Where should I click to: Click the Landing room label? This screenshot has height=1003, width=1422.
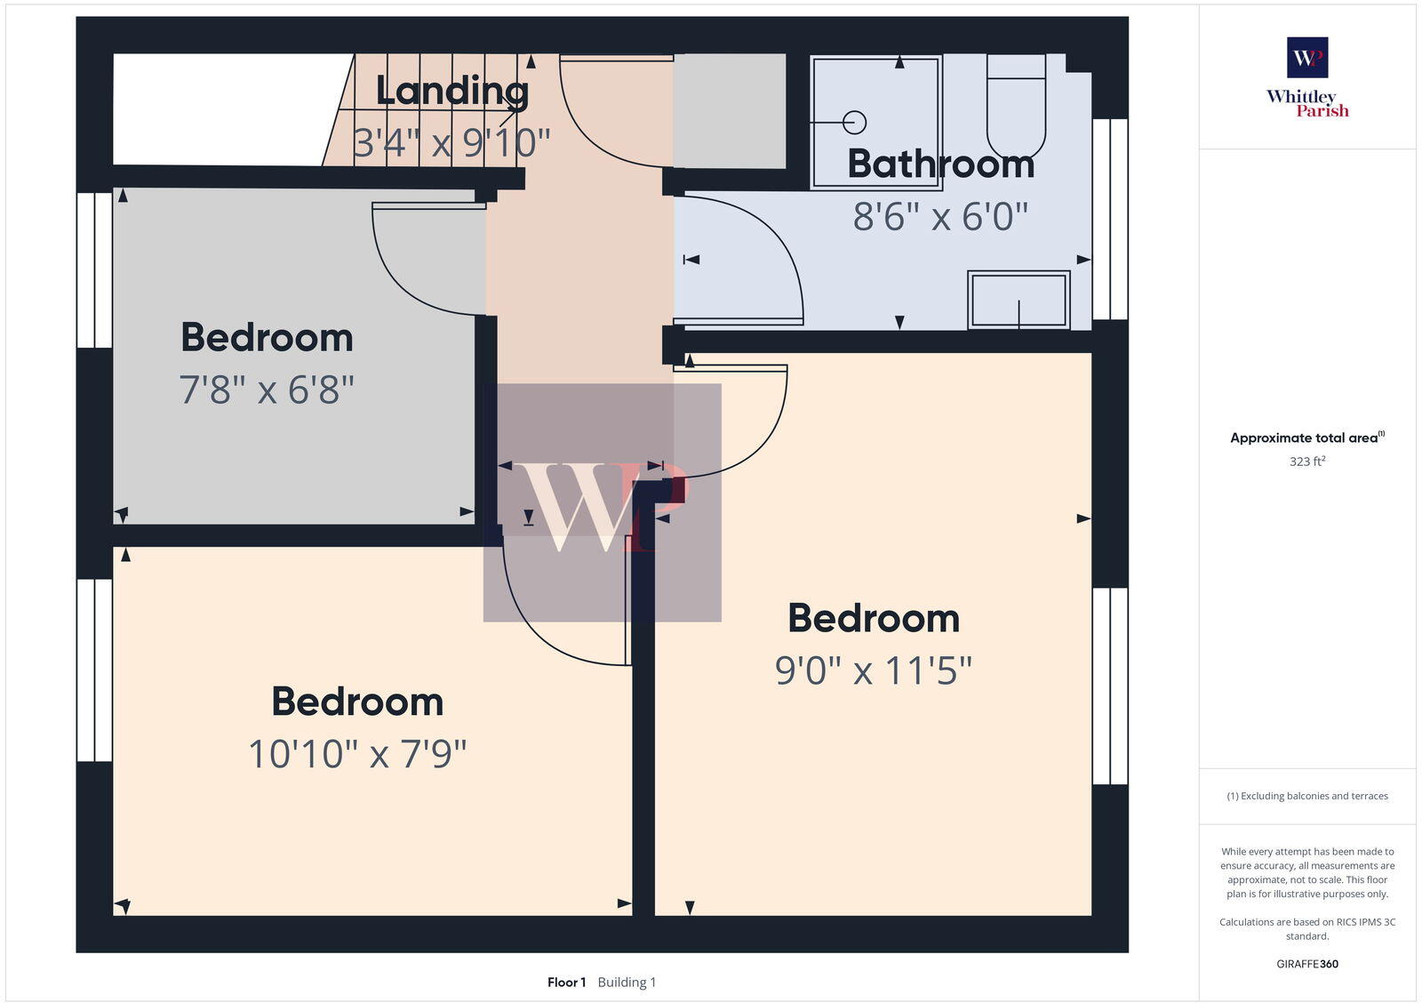451,91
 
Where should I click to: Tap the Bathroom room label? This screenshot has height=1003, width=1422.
940,164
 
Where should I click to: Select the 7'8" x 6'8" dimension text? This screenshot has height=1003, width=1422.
267,389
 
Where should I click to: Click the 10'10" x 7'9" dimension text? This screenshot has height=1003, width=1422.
357,754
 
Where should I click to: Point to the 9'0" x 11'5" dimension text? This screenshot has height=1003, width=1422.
874,670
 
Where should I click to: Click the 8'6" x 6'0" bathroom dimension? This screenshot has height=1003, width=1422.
940,216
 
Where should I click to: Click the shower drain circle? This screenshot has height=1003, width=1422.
854,122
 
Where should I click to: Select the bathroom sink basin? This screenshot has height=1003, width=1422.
1019,300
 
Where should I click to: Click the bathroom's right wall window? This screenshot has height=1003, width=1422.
1110,219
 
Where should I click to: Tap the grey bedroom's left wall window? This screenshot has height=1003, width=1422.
94,269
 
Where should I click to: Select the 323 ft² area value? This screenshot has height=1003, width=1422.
1307,461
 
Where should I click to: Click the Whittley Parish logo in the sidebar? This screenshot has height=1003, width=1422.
1307,78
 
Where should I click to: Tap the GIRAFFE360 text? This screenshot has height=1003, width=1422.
1307,964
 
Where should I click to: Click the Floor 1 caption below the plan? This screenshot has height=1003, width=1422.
566,983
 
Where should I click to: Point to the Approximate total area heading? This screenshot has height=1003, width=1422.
1305,437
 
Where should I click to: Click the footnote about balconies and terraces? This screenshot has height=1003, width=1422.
1307,796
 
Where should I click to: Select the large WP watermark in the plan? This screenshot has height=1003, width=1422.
603,503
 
